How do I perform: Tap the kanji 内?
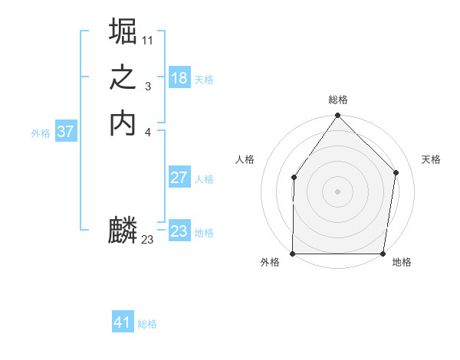[123, 123]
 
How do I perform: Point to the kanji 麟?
[123, 230]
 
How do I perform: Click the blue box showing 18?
[179, 78]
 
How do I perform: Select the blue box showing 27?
[179, 178]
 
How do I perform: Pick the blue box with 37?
[66, 132]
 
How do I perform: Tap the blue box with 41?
[123, 322]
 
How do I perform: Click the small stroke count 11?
[147, 39]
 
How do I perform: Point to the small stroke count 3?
[147, 86]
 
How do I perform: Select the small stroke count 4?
[147, 133]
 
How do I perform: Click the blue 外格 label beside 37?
[41, 133]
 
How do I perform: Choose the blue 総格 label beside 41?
[147, 324]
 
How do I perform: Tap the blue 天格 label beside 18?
[204, 80]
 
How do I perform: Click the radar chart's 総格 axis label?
[337, 100]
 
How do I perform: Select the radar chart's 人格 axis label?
[245, 159]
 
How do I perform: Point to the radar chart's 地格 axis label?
[402, 262]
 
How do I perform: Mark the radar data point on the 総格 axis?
[337, 116]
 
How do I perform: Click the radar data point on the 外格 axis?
[293, 254]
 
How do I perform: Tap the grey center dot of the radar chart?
[337, 191]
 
